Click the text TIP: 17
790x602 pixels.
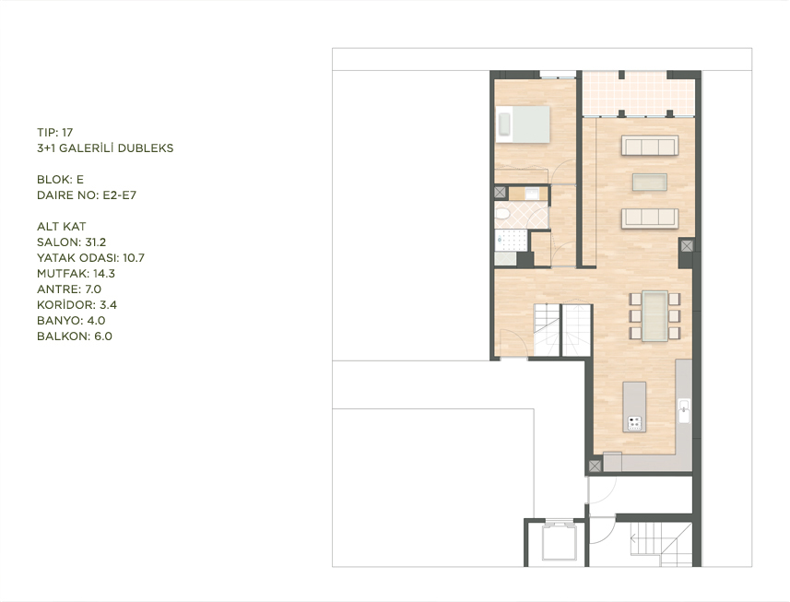click(x=55, y=133)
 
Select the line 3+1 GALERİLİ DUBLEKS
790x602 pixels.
click(x=105, y=148)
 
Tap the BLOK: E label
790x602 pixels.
click(x=60, y=180)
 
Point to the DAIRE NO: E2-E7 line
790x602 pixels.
click(x=87, y=195)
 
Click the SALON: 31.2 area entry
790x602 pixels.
click(x=72, y=242)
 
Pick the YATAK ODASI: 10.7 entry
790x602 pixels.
click(x=90, y=258)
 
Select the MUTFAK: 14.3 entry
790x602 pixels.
click(x=77, y=274)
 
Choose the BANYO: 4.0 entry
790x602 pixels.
click(x=71, y=321)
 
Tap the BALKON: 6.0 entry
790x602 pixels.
click(x=75, y=336)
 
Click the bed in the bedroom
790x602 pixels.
click(x=523, y=124)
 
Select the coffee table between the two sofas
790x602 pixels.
click(x=650, y=182)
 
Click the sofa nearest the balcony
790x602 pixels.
click(x=650, y=145)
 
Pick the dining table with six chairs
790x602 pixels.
click(x=654, y=316)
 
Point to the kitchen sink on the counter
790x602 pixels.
click(x=684, y=410)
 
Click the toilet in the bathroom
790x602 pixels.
click(x=502, y=215)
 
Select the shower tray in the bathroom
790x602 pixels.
click(x=511, y=241)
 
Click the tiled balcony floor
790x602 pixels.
click(x=638, y=94)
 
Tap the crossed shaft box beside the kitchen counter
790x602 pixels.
click(x=595, y=466)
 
